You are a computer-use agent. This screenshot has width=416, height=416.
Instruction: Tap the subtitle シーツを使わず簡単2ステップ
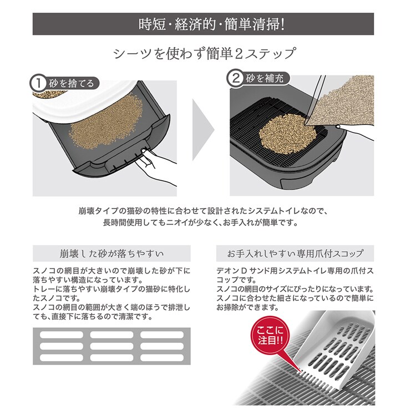coord(204,53)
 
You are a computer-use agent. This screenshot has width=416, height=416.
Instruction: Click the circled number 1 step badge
coord(38,83)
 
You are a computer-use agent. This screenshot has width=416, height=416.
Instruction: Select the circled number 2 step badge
coord(235,78)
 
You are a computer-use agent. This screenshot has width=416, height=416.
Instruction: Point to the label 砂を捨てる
coord(71,83)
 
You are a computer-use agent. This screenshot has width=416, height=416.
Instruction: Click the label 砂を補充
coord(265,78)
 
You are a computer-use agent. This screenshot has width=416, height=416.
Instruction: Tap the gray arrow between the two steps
coord(203,130)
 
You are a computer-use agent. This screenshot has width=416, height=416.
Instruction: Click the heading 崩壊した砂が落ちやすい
coord(111,253)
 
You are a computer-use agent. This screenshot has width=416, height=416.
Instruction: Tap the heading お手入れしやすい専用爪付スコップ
coord(295,253)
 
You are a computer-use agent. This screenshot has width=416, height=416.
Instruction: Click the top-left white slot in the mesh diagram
coord(61,335)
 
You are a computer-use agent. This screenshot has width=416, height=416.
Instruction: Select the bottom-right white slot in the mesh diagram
coord(162,358)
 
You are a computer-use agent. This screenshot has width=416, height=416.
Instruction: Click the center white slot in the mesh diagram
coord(111,346)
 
